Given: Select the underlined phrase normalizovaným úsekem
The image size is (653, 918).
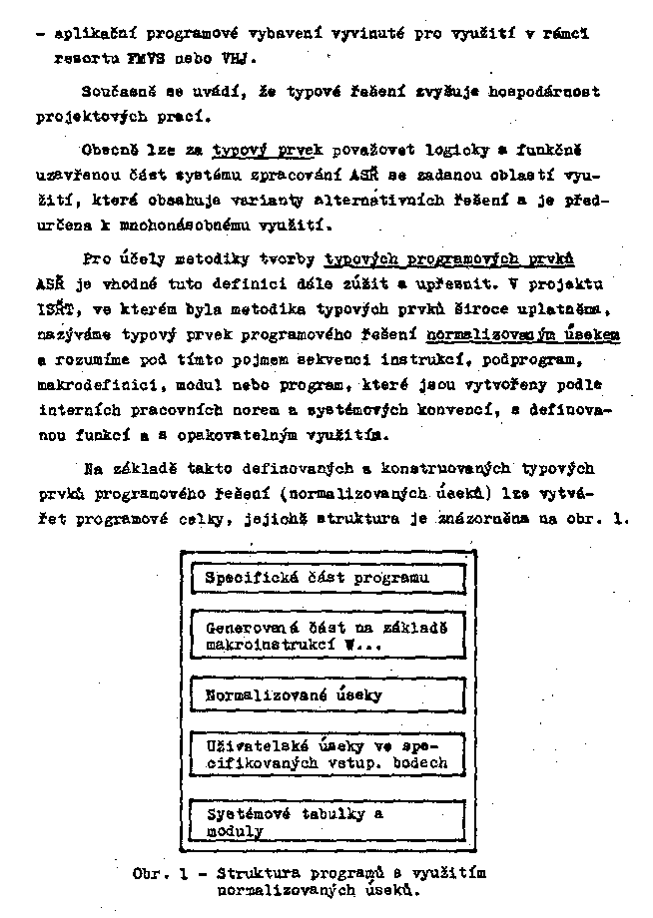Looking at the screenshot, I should point(522,334).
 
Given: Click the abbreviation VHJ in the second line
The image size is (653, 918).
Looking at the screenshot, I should point(236,59).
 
